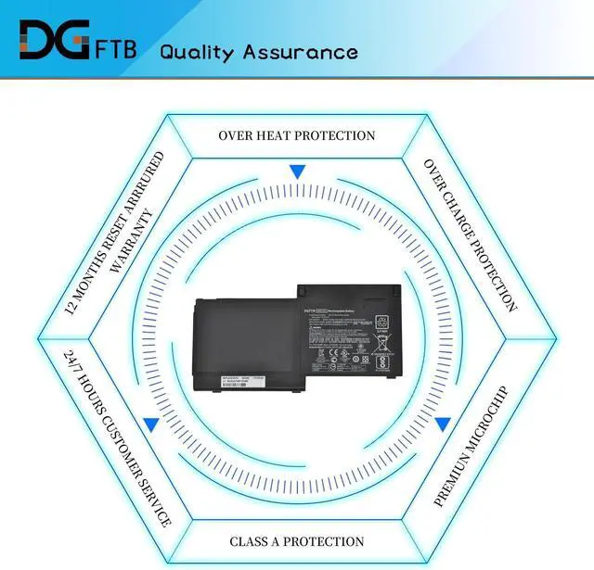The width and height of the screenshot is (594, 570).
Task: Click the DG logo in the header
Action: [55, 41]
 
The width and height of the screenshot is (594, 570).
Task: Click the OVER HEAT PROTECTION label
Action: [297, 135]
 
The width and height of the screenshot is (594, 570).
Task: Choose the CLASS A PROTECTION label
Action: [297, 541]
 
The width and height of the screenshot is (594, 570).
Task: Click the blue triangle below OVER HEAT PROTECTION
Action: [297, 171]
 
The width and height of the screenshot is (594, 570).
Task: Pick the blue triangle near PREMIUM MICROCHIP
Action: [444, 424]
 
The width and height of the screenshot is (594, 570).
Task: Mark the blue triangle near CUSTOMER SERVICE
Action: [149, 424]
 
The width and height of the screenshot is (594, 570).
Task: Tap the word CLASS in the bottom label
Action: [251, 541]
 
